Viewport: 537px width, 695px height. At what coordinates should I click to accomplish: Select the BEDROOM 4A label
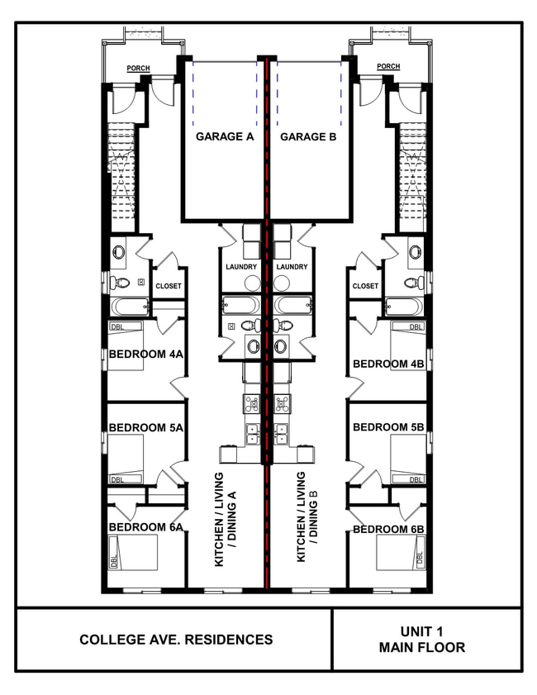pyautogui.click(x=145, y=355)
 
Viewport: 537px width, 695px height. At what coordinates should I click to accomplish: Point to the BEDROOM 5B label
pyautogui.click(x=388, y=427)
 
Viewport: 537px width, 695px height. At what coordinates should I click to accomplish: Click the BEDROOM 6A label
pyautogui.click(x=145, y=527)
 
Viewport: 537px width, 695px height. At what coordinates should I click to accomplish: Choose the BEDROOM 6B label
pyautogui.click(x=388, y=529)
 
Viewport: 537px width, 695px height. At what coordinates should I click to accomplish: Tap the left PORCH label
pyautogui.click(x=138, y=68)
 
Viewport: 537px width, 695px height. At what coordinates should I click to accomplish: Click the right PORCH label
pyautogui.click(x=387, y=67)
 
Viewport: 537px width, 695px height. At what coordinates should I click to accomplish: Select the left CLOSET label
pyautogui.click(x=168, y=286)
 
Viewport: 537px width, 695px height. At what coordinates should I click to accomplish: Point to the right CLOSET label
pyautogui.click(x=365, y=286)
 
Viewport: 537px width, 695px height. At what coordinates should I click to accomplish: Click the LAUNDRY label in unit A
pyautogui.click(x=241, y=267)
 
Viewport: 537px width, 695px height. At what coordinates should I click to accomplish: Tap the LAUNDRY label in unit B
pyautogui.click(x=292, y=267)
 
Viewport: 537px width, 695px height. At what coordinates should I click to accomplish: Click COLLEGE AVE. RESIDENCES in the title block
pyautogui.click(x=176, y=640)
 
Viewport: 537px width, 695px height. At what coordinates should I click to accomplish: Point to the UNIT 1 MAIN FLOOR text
pyautogui.click(x=421, y=640)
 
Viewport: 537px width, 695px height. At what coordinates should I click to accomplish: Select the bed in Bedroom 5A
pyautogui.click(x=126, y=459)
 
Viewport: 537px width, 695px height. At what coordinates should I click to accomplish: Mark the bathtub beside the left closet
pyautogui.click(x=131, y=307)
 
